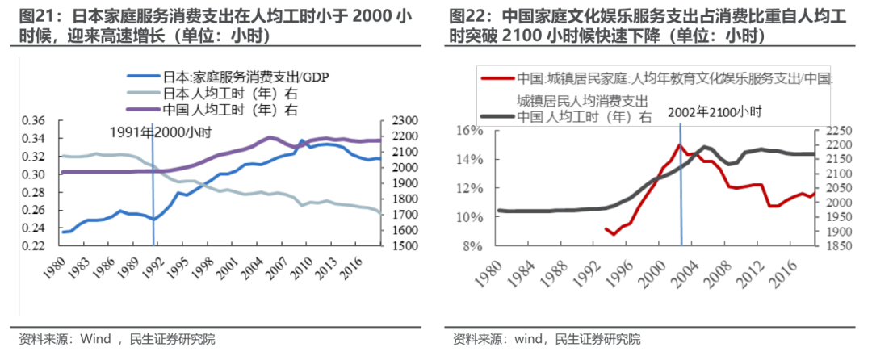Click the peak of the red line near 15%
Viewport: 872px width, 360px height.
680,145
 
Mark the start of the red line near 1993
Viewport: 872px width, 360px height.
606,228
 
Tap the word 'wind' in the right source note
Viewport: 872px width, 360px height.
514,338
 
